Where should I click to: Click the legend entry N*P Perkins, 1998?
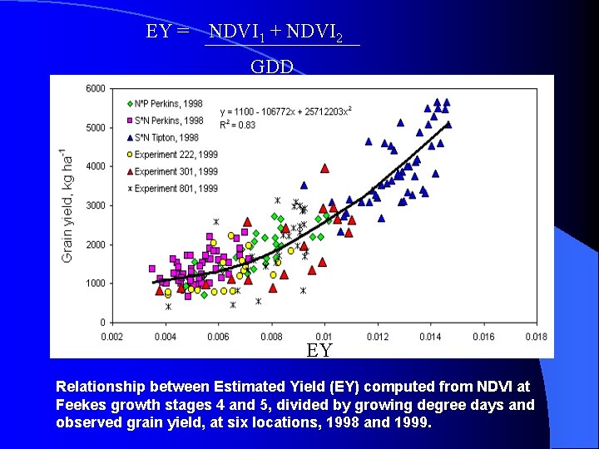(x=167, y=104)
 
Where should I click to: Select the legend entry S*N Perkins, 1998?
(x=167, y=121)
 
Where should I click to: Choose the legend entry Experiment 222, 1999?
(x=171, y=155)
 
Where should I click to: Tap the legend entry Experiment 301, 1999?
(x=171, y=171)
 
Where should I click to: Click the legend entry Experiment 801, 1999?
(x=171, y=189)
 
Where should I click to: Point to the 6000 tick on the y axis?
(x=95, y=88)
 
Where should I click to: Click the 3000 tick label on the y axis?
(x=95, y=205)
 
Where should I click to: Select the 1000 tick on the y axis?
(x=95, y=284)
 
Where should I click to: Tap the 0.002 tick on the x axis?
(x=112, y=337)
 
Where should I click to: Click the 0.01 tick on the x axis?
(x=324, y=337)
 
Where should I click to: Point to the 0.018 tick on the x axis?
(x=537, y=337)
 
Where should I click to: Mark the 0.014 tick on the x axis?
(x=430, y=337)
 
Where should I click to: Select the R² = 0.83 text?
(x=238, y=126)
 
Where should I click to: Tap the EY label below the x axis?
(x=319, y=350)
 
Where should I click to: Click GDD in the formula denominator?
(x=272, y=67)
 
